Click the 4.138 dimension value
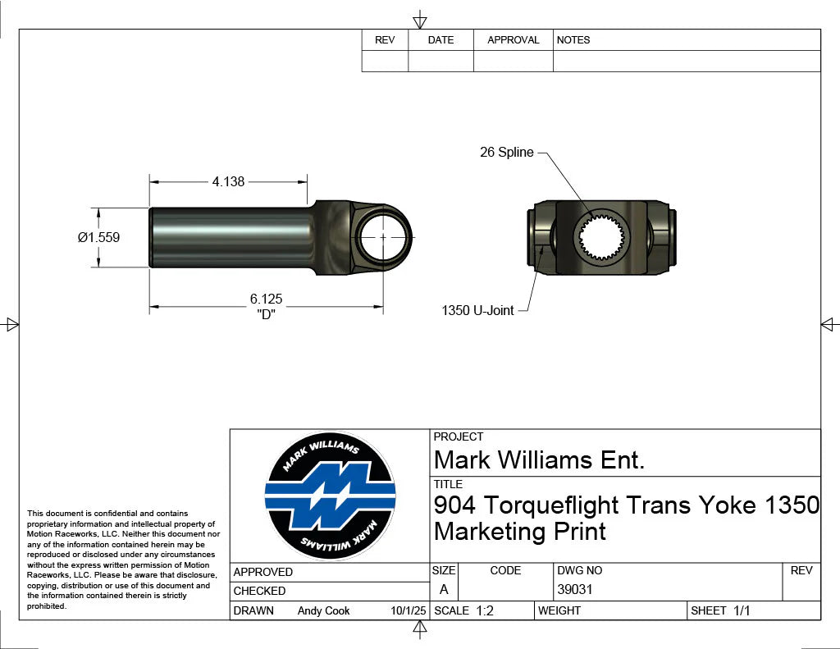click(228, 181)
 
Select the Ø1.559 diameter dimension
click(98, 237)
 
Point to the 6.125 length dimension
click(266, 299)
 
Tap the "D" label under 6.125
click(266, 314)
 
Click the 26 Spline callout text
click(506, 152)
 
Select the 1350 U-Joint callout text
click(477, 310)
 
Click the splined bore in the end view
click(602, 236)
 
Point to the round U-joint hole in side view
click(383, 236)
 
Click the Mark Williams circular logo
click(330, 496)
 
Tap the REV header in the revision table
click(385, 39)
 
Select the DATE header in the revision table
click(441, 39)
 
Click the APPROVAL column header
click(513, 39)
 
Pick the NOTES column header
click(573, 39)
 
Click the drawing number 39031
click(574, 589)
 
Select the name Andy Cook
click(323, 610)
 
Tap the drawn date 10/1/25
click(409, 610)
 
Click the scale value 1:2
click(485, 610)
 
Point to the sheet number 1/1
click(742, 610)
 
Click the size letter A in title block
click(444, 589)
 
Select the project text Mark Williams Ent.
click(539, 459)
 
